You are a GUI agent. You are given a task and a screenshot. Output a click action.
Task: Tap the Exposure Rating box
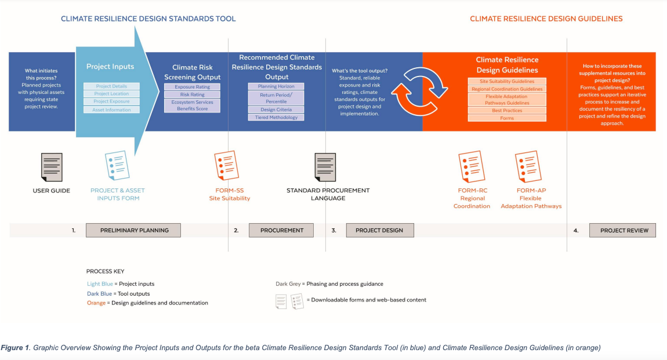[192, 87]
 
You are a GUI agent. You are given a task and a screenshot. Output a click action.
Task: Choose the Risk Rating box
[192, 94]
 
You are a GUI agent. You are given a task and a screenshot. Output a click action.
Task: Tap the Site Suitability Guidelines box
[507, 82]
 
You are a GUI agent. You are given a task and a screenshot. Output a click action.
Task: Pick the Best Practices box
[507, 110]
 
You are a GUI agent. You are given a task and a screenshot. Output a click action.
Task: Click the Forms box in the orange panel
[507, 118]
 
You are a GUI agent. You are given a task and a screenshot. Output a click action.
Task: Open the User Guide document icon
[52, 167]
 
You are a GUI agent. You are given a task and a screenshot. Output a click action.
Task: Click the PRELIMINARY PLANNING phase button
[133, 230]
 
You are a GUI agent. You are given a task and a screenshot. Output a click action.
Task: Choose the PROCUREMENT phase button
[281, 230]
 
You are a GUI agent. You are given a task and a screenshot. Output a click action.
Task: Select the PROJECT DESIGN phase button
[380, 230]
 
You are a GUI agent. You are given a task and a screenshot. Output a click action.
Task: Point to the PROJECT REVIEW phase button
[622, 230]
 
